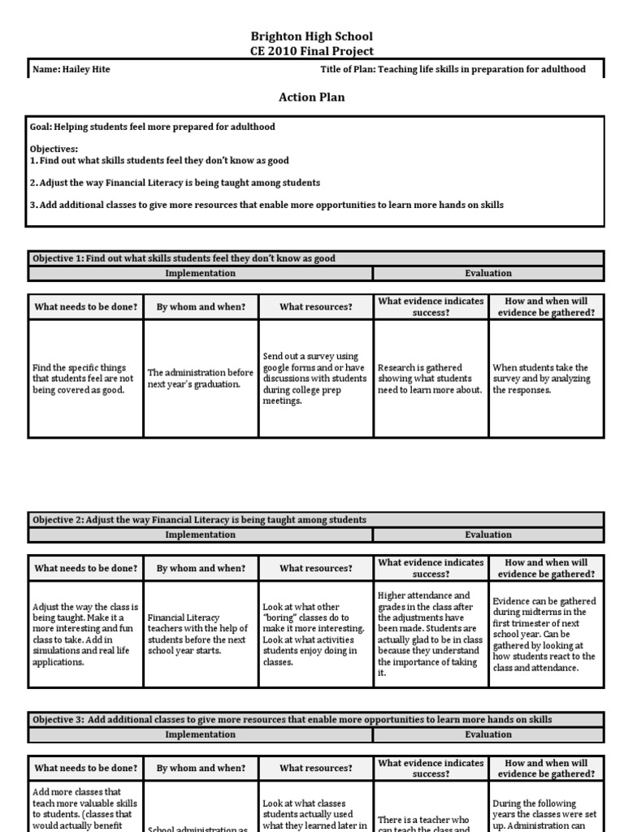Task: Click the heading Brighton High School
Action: click(312, 37)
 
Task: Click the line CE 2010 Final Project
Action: click(312, 50)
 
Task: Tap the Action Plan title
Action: click(312, 97)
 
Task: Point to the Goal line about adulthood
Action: click(153, 127)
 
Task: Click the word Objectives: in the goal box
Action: click(54, 149)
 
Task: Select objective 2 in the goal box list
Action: click(175, 183)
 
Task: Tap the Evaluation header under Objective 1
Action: click(488, 273)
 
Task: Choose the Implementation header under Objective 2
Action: click(200, 535)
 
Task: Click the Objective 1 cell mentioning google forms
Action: click(315, 379)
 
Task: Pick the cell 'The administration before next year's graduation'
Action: click(201, 379)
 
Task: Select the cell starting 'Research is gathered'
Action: click(431, 379)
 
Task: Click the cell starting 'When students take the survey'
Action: click(545, 379)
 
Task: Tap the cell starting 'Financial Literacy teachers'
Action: click(201, 635)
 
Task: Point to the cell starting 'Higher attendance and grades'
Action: click(431, 635)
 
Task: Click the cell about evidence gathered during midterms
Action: click(545, 635)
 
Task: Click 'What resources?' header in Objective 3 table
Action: click(316, 768)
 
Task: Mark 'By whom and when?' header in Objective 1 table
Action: click(201, 307)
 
